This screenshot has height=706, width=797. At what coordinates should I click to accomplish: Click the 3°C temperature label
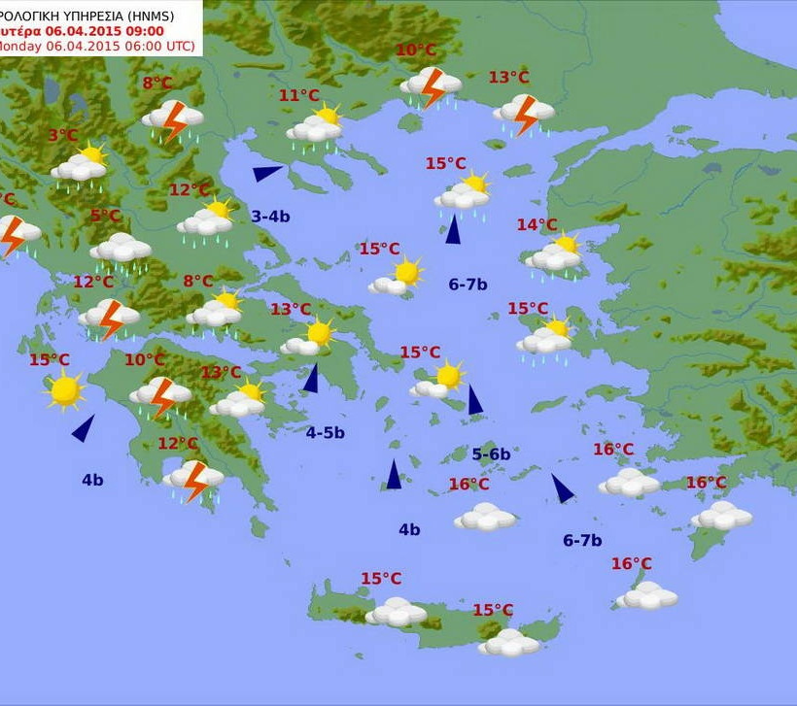[63, 136]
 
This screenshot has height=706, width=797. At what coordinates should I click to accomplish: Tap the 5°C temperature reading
[106, 216]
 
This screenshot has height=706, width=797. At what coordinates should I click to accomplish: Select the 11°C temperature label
[299, 95]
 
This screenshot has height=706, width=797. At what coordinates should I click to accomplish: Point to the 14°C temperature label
[537, 225]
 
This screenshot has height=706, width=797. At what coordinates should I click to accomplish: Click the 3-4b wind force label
[270, 216]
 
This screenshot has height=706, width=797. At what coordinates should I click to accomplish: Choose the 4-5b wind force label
[326, 432]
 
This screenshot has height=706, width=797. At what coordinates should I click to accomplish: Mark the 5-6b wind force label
[491, 454]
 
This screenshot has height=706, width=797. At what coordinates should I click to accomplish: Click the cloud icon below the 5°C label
[121, 249]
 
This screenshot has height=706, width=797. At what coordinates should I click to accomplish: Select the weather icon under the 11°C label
[316, 126]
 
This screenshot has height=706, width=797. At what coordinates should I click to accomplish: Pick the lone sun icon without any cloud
[65, 389]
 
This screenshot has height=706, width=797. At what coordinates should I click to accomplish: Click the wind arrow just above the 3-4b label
[267, 173]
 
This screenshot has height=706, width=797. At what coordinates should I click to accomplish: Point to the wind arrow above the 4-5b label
[311, 378]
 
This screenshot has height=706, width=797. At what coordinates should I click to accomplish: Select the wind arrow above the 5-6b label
[474, 399]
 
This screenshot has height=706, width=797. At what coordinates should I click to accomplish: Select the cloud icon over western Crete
[396, 612]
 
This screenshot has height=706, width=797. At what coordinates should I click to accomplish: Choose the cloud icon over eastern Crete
[508, 642]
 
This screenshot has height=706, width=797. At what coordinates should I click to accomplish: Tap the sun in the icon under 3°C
[92, 154]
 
